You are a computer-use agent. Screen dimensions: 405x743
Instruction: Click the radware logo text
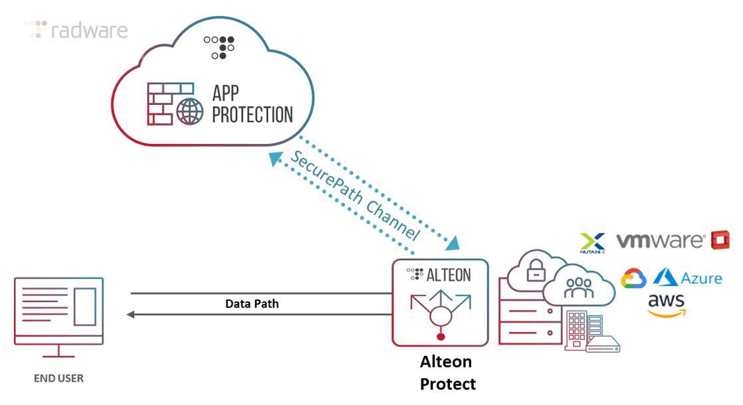pos(89,31)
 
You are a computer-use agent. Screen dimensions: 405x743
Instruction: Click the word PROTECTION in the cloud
pos(252,114)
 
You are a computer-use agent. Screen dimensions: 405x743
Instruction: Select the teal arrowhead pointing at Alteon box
pos(453,242)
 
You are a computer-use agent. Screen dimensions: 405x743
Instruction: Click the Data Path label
pos(252,303)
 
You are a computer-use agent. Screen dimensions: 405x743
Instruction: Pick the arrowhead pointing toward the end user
pos(132,314)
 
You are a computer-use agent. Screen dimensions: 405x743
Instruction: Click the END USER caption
pos(58,378)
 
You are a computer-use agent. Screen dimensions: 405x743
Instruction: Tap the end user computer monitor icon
pos(58,311)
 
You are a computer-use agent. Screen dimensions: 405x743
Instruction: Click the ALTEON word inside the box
pos(449,274)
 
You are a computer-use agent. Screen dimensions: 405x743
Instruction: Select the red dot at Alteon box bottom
pos(440,337)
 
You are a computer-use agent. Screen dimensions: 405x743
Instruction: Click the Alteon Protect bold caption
pos(447,372)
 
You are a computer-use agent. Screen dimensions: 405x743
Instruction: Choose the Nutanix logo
pos(592,243)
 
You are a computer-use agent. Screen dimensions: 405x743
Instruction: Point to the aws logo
pos(666,305)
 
